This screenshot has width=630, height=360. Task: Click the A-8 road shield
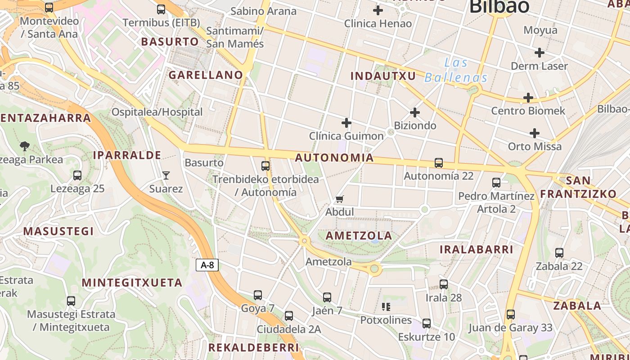click(207, 265)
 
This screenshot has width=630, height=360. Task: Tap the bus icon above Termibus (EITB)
click(161, 9)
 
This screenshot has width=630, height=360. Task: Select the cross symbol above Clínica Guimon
click(346, 122)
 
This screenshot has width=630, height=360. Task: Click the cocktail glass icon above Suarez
click(166, 175)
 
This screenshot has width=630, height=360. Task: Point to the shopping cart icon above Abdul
click(340, 199)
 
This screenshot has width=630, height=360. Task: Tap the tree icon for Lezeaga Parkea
click(25, 146)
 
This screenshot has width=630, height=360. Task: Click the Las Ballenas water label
click(456, 70)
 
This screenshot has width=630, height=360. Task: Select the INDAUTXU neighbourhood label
click(383, 76)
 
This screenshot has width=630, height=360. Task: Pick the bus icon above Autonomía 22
click(439, 163)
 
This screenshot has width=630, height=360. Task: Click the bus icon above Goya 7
click(257, 295)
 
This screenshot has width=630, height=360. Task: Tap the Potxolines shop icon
click(386, 307)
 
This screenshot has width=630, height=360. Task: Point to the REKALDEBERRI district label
click(253, 347)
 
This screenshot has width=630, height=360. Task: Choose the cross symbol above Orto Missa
click(535, 133)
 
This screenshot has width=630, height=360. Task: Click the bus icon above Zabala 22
click(559, 253)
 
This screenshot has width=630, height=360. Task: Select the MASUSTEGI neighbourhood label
click(58, 231)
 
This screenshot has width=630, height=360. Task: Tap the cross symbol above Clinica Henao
click(378, 10)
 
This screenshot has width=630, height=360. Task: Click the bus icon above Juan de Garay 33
click(510, 315)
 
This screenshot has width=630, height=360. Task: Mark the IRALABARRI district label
click(476, 249)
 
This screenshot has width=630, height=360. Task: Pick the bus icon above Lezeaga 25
click(77, 175)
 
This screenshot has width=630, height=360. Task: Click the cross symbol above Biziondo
click(415, 112)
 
